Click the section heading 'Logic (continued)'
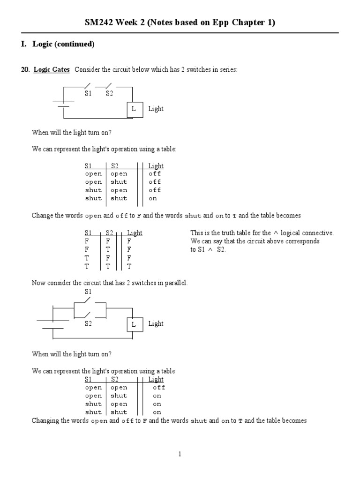pos(63,45)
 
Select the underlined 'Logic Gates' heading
pos(52,69)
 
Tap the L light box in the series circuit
pos(134,109)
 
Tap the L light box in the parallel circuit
pos(134,324)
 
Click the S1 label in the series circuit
pos(88,93)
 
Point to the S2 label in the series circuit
pos(109,93)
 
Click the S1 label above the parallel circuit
pos(88,292)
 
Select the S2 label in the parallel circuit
pos(88,323)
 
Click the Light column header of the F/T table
pos(135,232)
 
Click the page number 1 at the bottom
pos(180,454)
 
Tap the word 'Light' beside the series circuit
pos(156,109)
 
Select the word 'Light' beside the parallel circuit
pos(156,324)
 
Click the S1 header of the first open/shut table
pos(89,166)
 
